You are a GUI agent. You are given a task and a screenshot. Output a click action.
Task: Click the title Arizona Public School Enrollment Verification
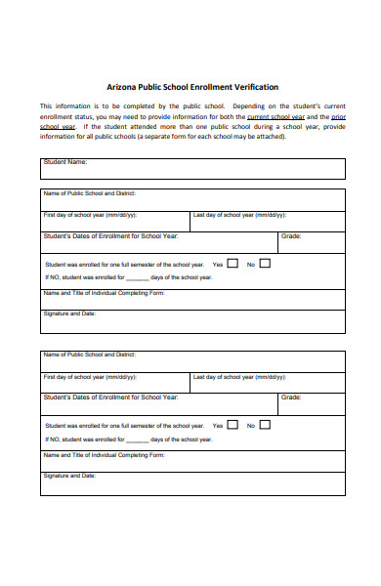coord(192,86)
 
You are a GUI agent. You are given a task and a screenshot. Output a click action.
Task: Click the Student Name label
coord(65,162)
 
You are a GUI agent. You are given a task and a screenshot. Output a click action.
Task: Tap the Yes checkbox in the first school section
coord(233,263)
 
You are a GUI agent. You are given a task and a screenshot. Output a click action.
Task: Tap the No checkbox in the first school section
coord(265,263)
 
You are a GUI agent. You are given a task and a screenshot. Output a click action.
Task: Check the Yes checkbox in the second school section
coord(233,424)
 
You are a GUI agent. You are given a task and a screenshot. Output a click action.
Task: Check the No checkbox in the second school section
coord(265,424)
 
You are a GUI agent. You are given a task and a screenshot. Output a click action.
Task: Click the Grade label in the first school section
coord(291,236)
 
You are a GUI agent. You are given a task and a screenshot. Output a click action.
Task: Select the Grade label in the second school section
coord(291,398)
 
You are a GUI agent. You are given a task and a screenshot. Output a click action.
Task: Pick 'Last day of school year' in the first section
coord(239,215)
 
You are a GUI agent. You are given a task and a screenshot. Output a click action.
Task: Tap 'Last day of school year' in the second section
coord(239,376)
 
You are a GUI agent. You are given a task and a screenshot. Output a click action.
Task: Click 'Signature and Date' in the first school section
coord(69,314)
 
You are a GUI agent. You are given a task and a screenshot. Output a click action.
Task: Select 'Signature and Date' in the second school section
coord(69,476)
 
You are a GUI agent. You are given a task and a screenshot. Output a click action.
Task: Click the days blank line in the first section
coord(137,278)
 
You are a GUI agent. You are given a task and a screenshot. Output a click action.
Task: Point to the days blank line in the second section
coord(137,439)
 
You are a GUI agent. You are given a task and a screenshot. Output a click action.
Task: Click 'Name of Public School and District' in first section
coord(91,193)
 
